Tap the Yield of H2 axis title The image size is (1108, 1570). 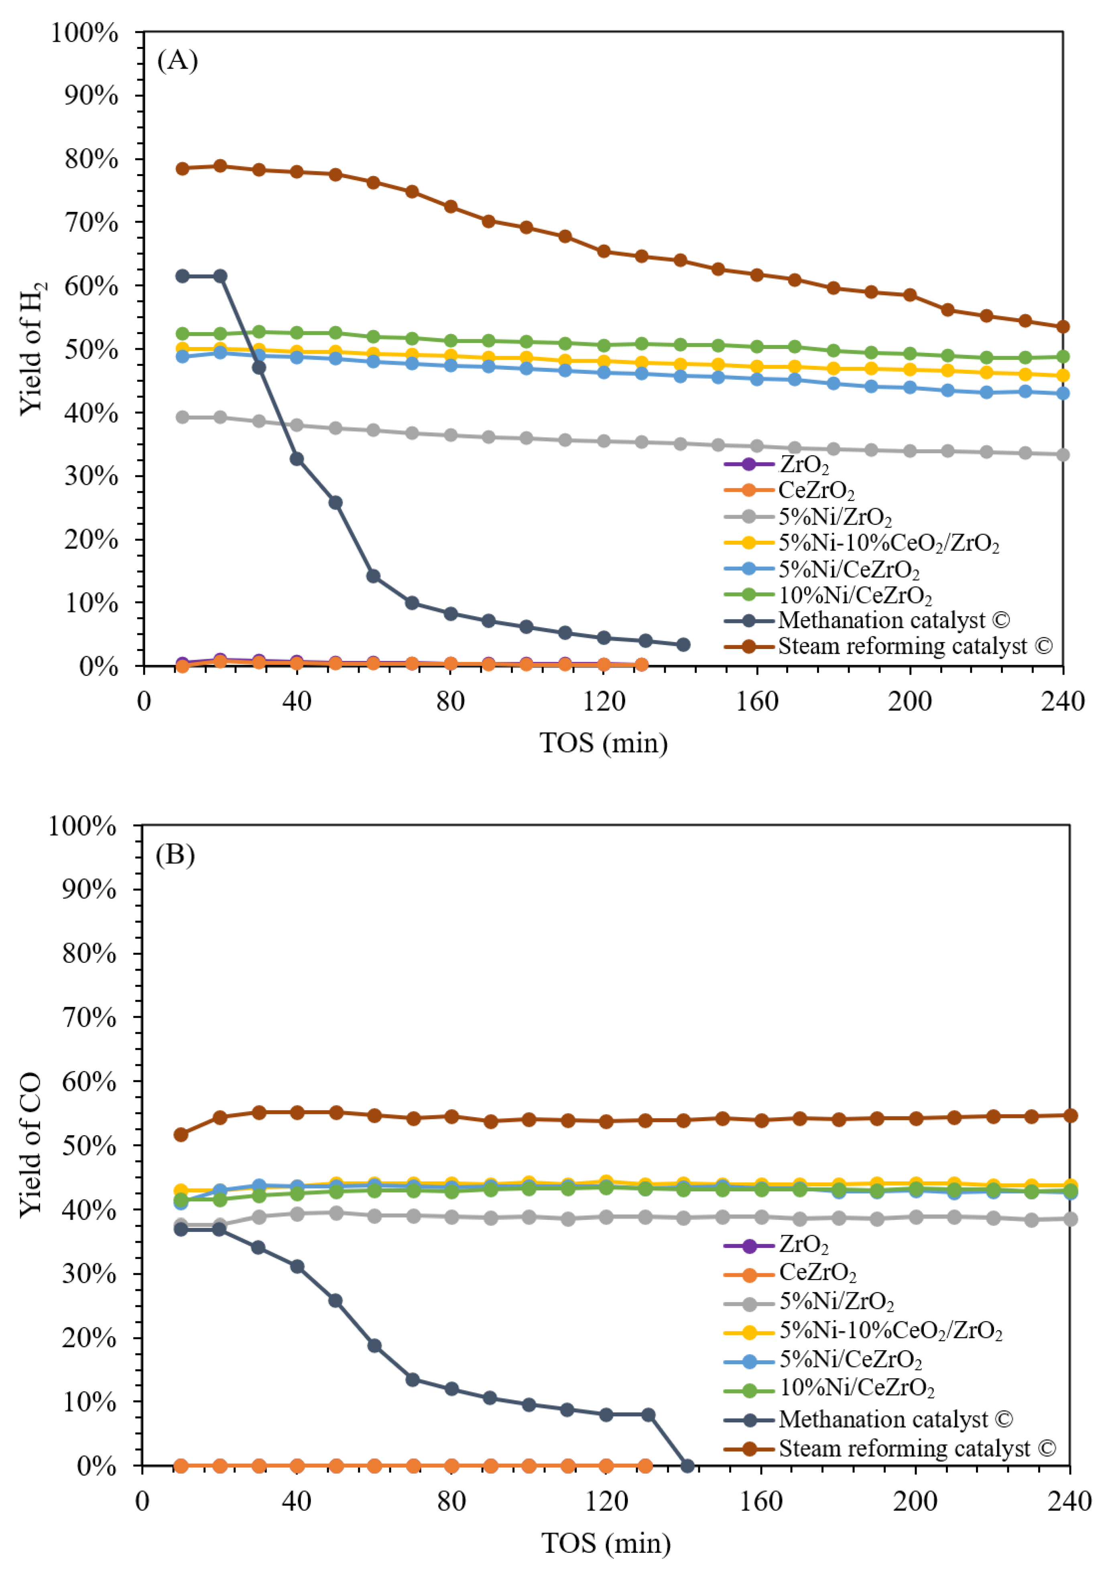tap(32, 348)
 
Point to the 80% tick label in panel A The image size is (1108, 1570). tap(91, 159)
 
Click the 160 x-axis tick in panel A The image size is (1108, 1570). tap(756, 701)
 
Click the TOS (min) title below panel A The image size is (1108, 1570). tap(603, 742)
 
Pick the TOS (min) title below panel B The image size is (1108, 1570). tap(606, 1544)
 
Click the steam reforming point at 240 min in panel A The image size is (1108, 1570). tap(1062, 327)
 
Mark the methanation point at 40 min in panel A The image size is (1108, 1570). tap(297, 459)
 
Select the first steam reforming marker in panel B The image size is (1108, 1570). tap(181, 1134)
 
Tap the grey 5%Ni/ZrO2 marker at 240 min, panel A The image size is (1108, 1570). tap(1062, 455)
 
